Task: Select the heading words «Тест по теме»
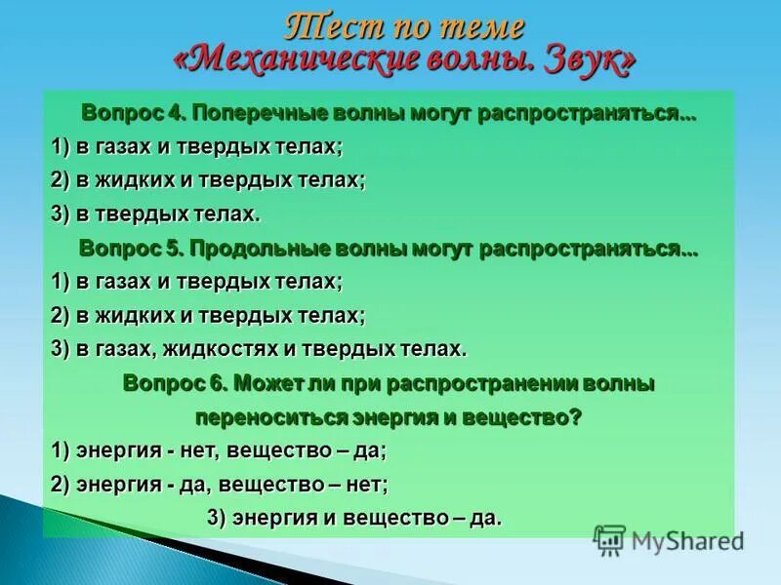click(x=404, y=26)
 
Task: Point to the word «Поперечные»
click(x=248, y=112)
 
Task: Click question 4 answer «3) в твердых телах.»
click(x=156, y=214)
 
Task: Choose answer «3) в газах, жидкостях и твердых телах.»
click(x=259, y=349)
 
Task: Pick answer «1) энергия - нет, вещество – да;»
click(x=220, y=450)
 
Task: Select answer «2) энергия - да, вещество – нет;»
click(x=220, y=484)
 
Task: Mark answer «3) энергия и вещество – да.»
click(x=354, y=518)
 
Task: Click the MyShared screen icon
click(x=609, y=539)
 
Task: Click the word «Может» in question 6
click(x=260, y=383)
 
